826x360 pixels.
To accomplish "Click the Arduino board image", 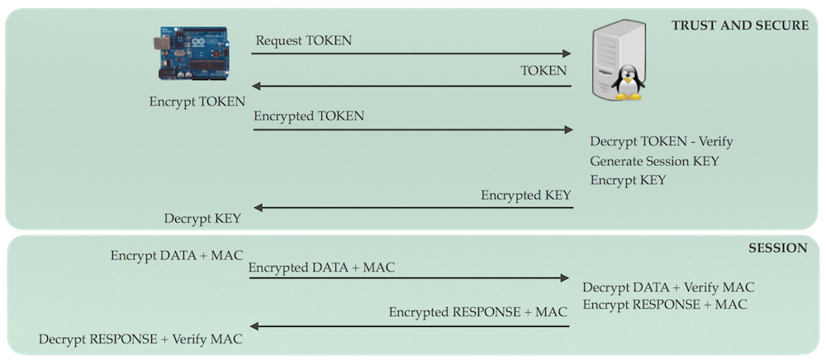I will coord(196,55).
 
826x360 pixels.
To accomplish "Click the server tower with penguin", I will coord(612,62).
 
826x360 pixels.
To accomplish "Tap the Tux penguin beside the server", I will coord(629,83).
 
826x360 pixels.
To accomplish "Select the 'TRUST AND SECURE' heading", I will coord(739,26).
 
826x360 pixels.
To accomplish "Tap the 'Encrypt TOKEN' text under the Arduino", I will coord(197,102).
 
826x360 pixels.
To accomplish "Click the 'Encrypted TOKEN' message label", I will coord(308,116).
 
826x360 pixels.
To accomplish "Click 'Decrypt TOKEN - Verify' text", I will coord(662,142).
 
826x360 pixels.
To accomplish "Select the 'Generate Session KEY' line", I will coord(655,161).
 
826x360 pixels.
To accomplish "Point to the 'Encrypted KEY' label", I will coord(525,196).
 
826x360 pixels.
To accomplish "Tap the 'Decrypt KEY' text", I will coord(202,219).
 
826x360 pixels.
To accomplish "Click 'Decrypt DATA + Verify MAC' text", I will coord(668,287).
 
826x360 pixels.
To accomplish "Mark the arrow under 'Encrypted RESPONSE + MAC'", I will coord(408,326).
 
